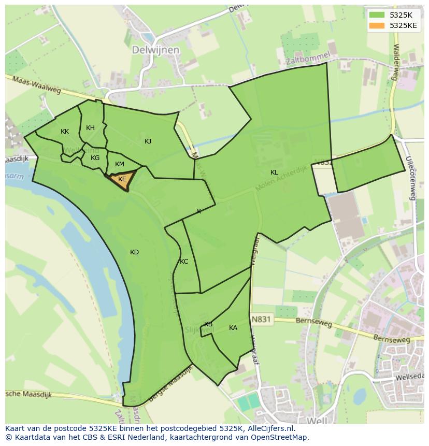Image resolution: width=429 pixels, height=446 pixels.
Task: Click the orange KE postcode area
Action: click(122, 180)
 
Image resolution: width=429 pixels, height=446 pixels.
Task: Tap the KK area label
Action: click(65, 132)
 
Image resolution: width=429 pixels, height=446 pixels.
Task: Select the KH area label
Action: click(90, 128)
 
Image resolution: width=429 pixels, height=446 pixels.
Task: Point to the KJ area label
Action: click(148, 141)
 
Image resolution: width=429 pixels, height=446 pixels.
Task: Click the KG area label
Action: click(95, 158)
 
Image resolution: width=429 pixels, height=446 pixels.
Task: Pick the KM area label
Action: click(120, 164)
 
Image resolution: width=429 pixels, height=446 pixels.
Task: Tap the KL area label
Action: click(274, 172)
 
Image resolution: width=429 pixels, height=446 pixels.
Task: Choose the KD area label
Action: click(134, 252)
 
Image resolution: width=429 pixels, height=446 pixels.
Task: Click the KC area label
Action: click(184, 262)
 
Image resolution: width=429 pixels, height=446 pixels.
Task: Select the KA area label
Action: click(233, 328)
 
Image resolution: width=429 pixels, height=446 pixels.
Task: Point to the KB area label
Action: click(208, 324)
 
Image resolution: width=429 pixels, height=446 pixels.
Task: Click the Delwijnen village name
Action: click(155, 50)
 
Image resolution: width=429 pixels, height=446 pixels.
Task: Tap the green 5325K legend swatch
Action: click(377, 15)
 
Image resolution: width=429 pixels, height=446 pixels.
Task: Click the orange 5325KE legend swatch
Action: click(377, 25)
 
